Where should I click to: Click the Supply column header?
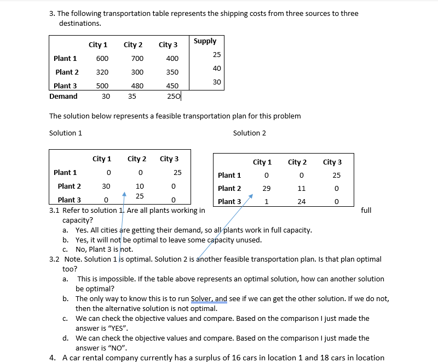205,41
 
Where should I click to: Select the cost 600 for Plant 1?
102,59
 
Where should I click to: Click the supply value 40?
217,68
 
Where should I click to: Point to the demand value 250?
173,97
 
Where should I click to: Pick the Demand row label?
64,97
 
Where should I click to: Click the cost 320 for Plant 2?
102,72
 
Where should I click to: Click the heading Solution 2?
250,133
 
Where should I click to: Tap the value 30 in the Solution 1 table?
106,186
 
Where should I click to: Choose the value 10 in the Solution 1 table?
140,186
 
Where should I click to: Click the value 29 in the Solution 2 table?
266,188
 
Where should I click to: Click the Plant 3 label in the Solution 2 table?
229,201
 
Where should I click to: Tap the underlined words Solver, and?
209,299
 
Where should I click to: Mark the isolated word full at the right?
366,210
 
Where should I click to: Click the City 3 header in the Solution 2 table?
332,162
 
